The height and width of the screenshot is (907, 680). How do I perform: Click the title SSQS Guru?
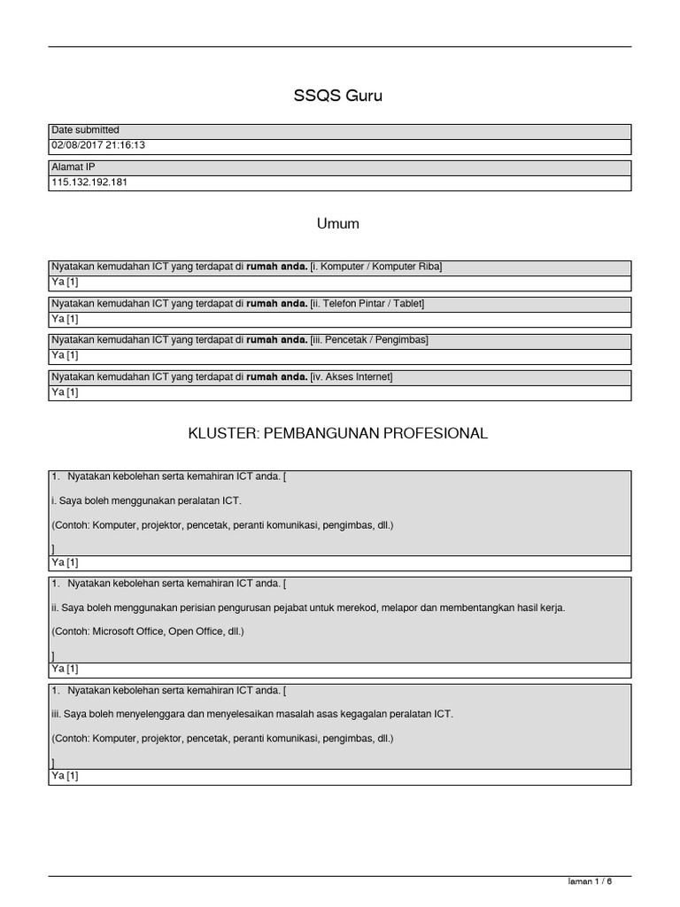click(x=338, y=97)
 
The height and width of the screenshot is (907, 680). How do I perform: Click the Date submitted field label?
click(x=86, y=130)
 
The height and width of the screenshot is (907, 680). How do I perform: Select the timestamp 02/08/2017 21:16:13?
click(x=98, y=145)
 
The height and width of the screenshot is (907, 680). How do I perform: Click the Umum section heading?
click(x=338, y=224)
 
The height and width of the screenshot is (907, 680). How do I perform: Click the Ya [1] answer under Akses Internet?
click(x=66, y=391)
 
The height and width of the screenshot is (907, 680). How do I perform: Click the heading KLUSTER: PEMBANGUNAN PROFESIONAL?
click(x=338, y=434)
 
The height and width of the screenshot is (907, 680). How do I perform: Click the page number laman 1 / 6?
click(x=590, y=882)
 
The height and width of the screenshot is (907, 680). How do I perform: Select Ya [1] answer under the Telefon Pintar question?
click(x=66, y=318)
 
